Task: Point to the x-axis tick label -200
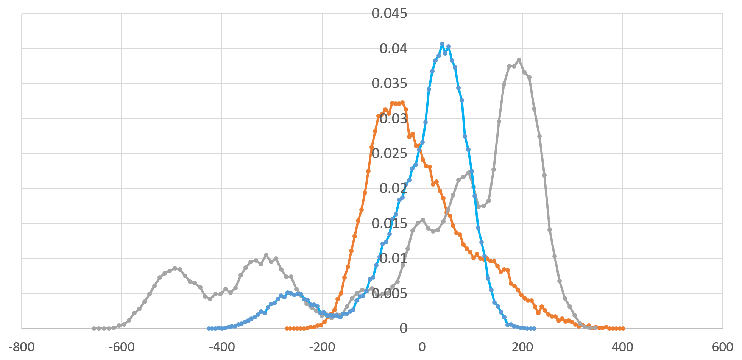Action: click(322, 348)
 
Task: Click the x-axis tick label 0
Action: click(422, 348)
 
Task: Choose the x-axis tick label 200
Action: click(522, 348)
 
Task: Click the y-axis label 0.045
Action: click(389, 14)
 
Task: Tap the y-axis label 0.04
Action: click(393, 49)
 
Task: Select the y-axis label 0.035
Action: click(389, 84)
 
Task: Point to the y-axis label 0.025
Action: click(389, 154)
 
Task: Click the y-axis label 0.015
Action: click(389, 224)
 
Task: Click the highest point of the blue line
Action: click(442, 44)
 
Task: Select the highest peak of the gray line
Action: click(519, 60)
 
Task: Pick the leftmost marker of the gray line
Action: click(94, 329)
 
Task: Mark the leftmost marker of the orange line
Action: click(286, 329)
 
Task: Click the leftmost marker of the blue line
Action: click(209, 329)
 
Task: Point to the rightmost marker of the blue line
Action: click(534, 329)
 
